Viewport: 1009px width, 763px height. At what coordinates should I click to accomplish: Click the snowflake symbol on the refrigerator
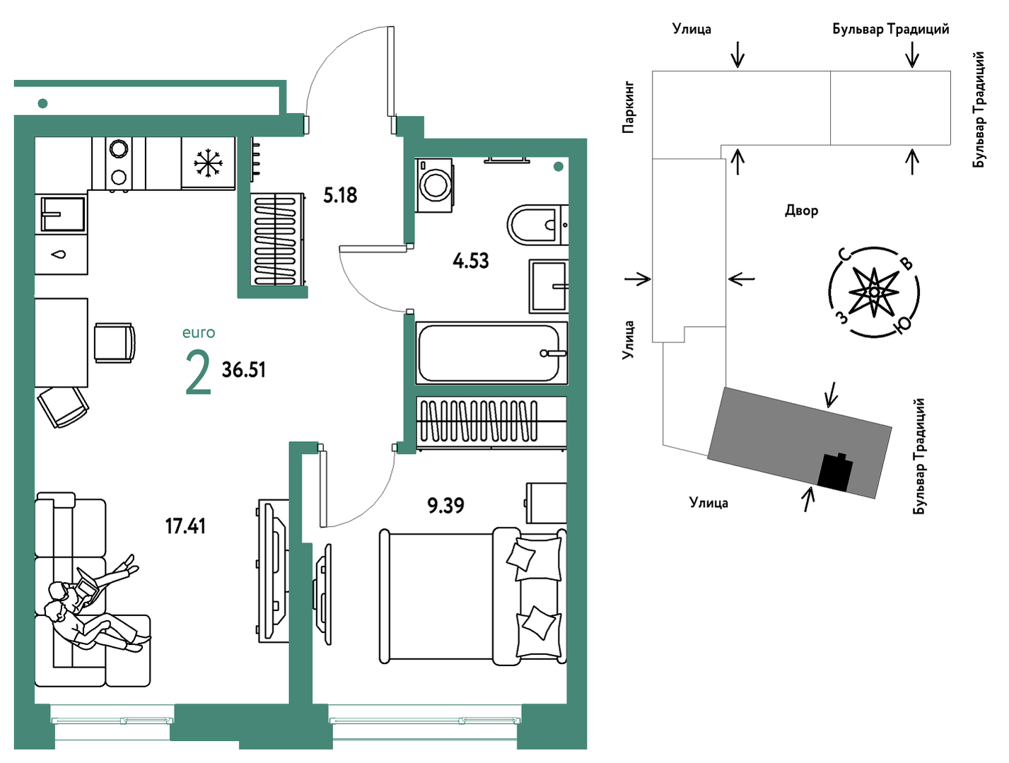click(x=208, y=163)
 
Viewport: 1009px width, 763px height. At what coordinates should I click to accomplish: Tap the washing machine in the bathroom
click(x=433, y=185)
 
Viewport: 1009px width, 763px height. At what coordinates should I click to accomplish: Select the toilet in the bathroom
click(x=537, y=225)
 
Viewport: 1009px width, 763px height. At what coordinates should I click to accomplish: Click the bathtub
click(x=491, y=353)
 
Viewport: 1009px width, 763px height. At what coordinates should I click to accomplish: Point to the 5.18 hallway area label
click(x=339, y=195)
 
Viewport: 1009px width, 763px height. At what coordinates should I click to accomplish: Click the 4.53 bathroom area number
click(x=470, y=261)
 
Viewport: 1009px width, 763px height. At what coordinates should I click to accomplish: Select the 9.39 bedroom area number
click(x=445, y=505)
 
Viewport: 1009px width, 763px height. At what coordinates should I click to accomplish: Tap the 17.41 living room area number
click(x=185, y=526)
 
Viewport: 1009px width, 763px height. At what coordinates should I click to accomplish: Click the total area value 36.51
click(x=244, y=370)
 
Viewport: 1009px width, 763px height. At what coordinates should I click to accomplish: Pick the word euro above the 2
click(x=199, y=332)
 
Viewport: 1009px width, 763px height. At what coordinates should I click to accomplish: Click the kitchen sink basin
click(x=63, y=214)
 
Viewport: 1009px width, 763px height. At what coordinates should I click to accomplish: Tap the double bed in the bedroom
click(x=472, y=597)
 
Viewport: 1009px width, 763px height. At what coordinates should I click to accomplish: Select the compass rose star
click(x=873, y=293)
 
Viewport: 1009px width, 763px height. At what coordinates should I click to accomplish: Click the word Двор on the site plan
click(x=801, y=211)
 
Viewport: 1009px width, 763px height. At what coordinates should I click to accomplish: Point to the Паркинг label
click(x=628, y=107)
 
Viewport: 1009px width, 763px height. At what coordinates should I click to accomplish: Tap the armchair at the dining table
click(x=115, y=342)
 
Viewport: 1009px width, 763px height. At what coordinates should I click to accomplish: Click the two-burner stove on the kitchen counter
click(x=119, y=163)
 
